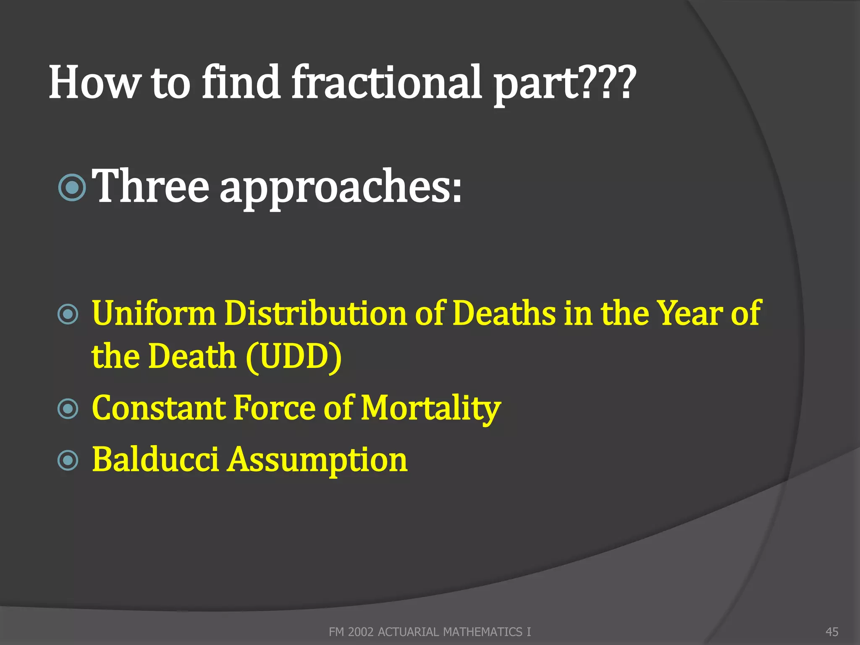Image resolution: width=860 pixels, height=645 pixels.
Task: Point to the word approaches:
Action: coord(341,189)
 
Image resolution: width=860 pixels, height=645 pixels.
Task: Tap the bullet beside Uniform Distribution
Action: coord(68,315)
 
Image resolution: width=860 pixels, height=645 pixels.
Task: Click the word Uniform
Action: coord(153,314)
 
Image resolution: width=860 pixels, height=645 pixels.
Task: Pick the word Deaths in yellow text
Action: coord(504,314)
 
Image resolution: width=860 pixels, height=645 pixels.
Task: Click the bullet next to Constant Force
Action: coord(68,409)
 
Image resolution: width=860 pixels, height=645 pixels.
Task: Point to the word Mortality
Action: coord(431,409)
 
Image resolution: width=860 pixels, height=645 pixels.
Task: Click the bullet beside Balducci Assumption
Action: coord(68,460)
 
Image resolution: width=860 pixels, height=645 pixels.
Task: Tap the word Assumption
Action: coord(317,461)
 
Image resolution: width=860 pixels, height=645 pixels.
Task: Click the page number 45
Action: coord(831,632)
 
